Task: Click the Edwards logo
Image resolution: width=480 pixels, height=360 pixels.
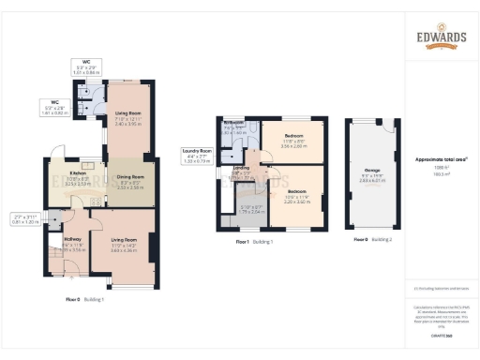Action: pos(441,40)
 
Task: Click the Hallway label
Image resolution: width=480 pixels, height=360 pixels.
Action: pos(72,240)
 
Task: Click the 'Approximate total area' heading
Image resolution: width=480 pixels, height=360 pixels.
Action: pos(442,159)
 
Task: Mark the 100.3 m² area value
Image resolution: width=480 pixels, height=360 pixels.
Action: pos(442,174)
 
